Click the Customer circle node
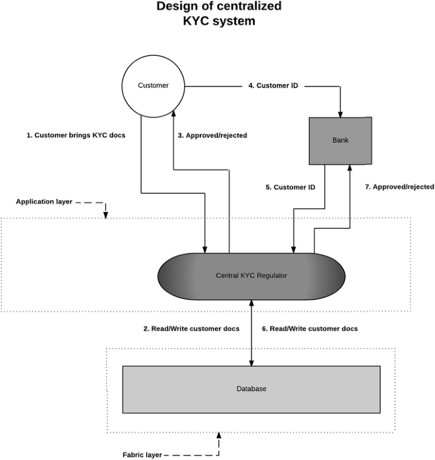coord(153,85)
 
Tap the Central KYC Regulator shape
coord(251,275)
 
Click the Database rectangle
coord(251,388)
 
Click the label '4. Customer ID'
coord(273,85)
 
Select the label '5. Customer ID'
coord(290,187)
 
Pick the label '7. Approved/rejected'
coord(399,187)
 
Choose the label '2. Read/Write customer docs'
coord(191,328)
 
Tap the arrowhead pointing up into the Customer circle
coord(173,114)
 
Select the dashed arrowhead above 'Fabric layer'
coord(219,436)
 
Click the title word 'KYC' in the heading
coord(199,21)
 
